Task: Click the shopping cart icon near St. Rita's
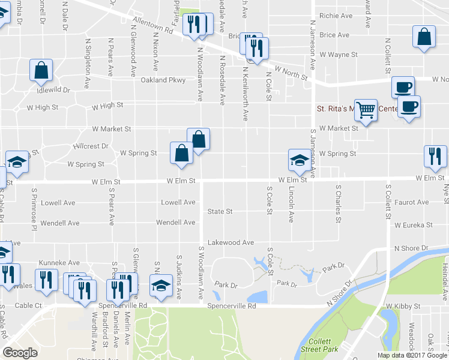(365, 110)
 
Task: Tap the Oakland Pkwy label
(163, 80)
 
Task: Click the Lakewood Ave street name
(231, 242)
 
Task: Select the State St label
(220, 211)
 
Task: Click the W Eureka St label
(414, 225)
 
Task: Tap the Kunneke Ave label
(59, 263)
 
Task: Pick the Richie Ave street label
(336, 16)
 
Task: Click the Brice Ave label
(334, 35)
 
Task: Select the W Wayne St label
(339, 55)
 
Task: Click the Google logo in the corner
(20, 353)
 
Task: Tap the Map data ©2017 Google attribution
(412, 355)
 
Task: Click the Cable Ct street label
(29, 305)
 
